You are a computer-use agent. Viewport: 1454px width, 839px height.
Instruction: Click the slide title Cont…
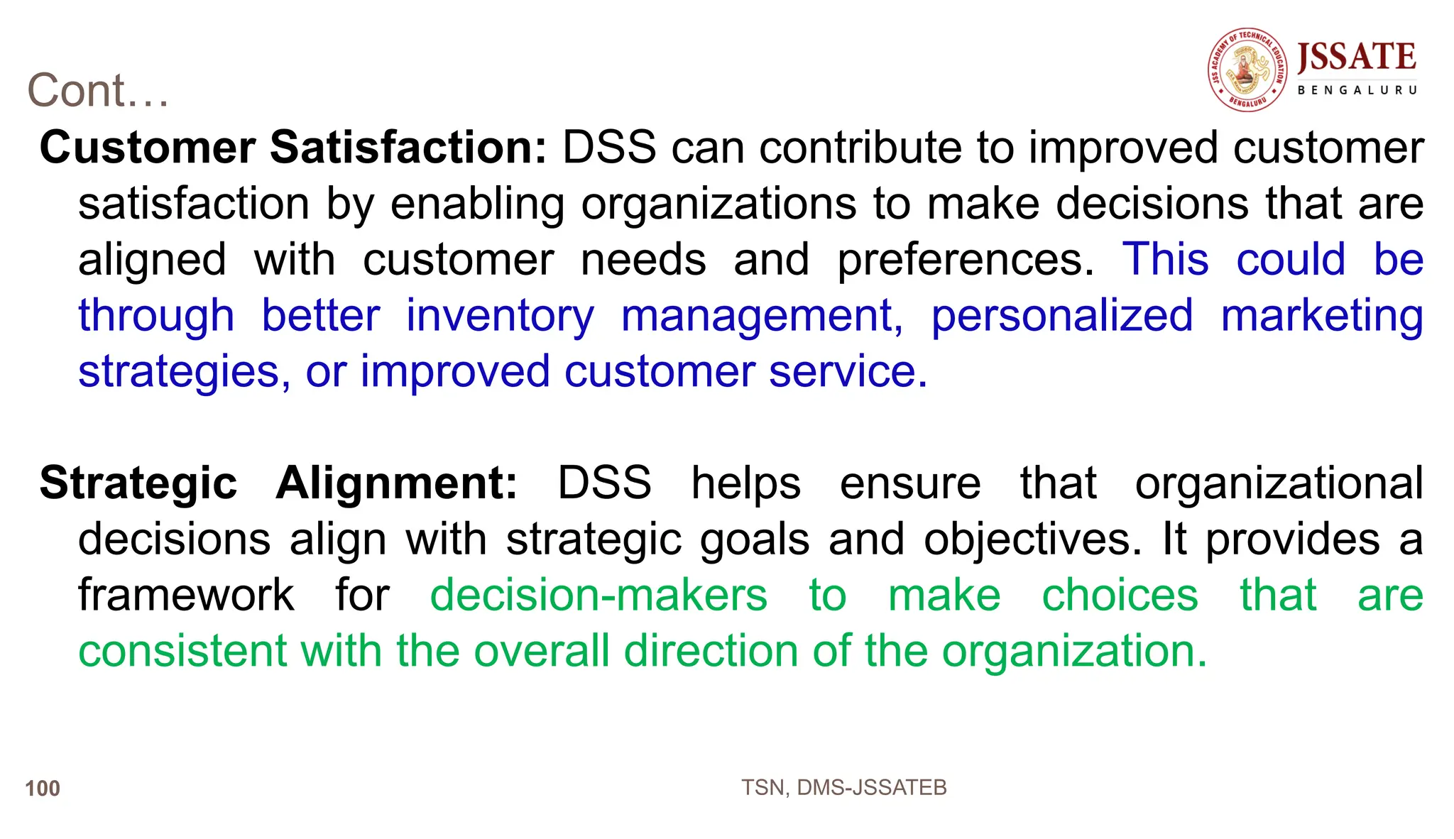click(x=98, y=91)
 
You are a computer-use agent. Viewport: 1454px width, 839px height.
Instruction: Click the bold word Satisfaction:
click(x=408, y=148)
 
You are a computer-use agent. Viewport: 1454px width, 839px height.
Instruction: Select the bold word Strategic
click(x=138, y=483)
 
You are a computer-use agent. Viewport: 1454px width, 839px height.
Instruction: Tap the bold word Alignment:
click(x=397, y=483)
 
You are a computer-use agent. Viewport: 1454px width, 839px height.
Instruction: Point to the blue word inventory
click(x=500, y=316)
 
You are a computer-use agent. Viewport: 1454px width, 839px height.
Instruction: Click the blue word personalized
click(x=1062, y=316)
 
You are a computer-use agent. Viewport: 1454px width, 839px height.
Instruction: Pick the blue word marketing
click(x=1322, y=316)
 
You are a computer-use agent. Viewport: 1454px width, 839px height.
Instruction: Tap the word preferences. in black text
click(x=966, y=260)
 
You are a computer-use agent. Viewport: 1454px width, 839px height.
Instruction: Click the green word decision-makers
click(x=598, y=595)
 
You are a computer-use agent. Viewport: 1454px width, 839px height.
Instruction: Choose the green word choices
click(x=1120, y=595)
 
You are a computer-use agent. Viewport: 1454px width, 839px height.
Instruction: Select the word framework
click(x=186, y=595)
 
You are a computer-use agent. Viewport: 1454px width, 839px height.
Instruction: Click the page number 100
click(x=43, y=789)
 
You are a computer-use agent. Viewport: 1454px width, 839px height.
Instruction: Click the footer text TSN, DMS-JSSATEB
click(x=843, y=788)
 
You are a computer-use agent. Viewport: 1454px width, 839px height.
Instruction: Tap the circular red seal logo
click(x=1247, y=70)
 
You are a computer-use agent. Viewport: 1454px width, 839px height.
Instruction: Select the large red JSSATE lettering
click(x=1356, y=57)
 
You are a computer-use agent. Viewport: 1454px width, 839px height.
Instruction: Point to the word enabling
click(x=477, y=204)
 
